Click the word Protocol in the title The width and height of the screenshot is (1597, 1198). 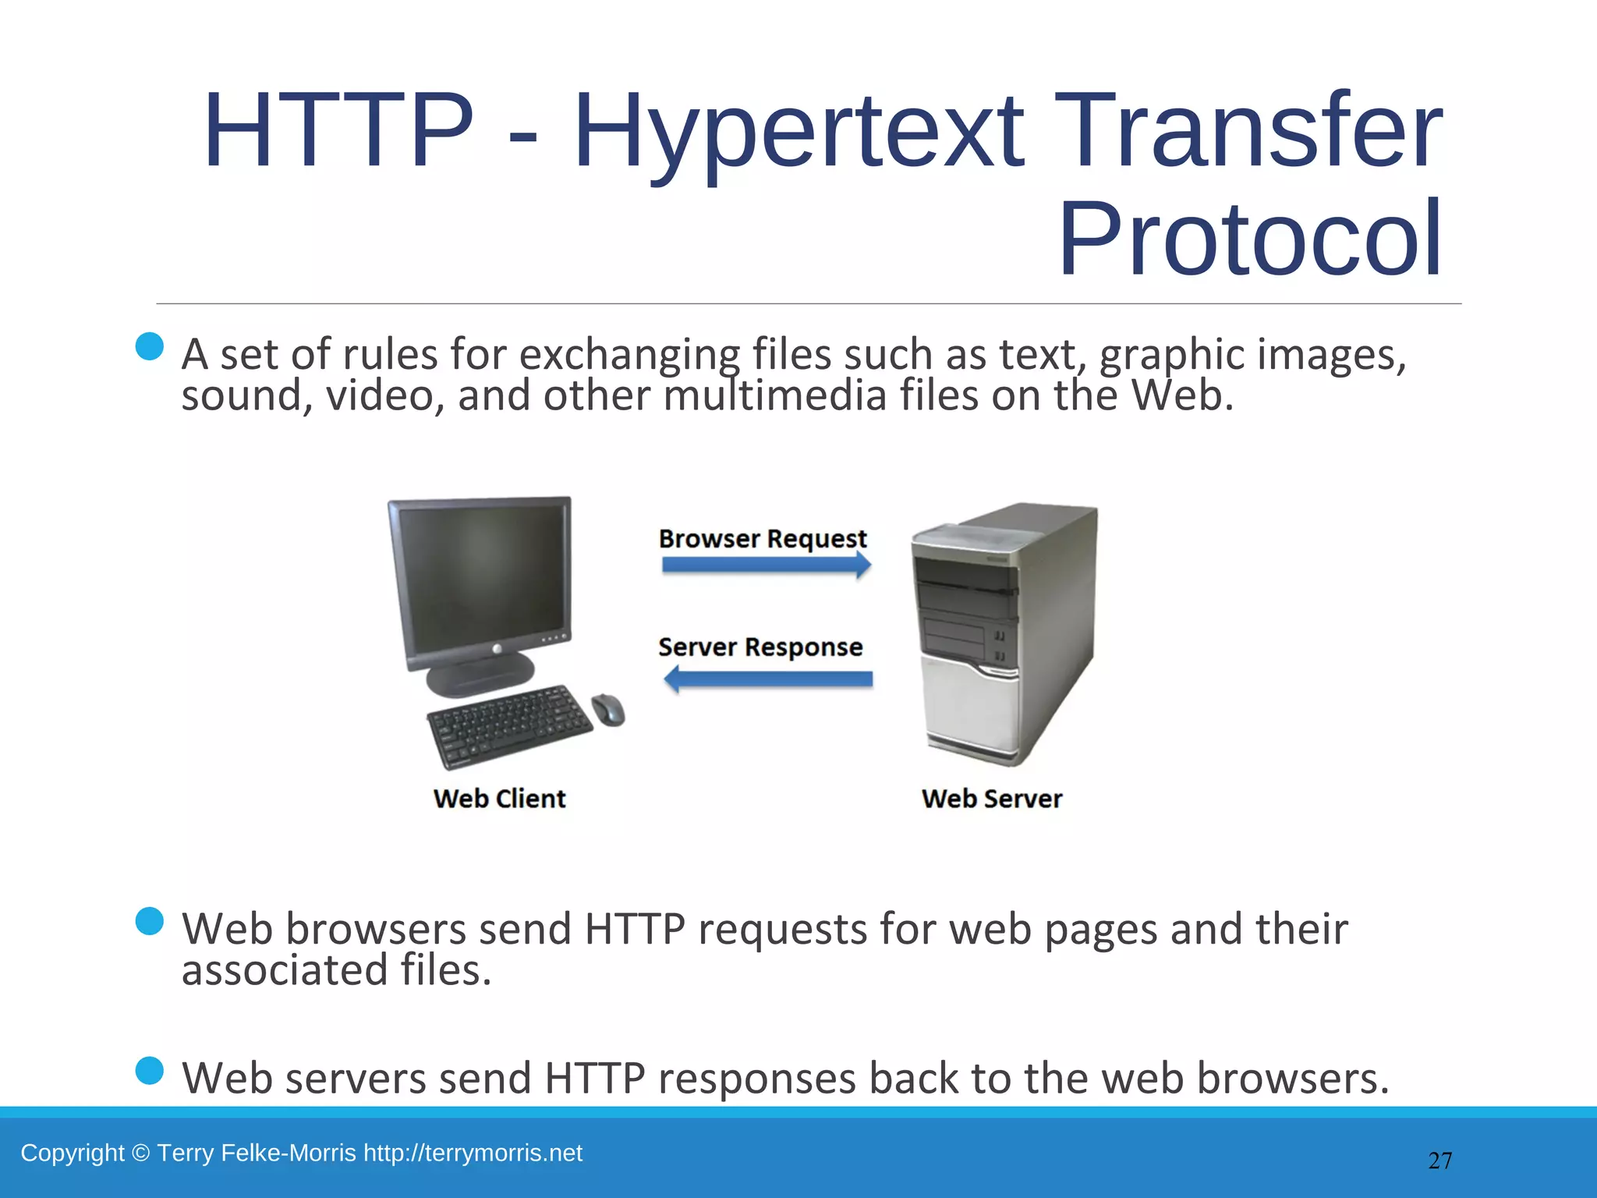coord(1249,239)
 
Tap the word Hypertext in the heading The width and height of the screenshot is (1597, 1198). coord(798,133)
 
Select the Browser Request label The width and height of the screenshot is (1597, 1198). coord(762,539)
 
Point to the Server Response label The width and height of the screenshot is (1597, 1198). coord(760,647)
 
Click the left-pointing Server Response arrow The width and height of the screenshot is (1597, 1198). coord(767,679)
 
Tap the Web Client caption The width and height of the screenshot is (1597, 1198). coord(499,799)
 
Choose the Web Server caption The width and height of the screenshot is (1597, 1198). coord(991,799)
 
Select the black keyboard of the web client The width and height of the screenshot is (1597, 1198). coord(509,725)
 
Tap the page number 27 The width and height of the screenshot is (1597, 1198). coord(1439,1161)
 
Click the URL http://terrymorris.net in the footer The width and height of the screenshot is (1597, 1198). coord(473,1153)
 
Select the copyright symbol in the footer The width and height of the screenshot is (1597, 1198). coord(140,1153)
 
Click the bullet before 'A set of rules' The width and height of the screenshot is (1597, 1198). coord(149,346)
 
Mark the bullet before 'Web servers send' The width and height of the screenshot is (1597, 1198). coord(149,1071)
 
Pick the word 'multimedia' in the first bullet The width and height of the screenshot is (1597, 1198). coord(775,395)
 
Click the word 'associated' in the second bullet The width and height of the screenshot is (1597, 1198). coord(285,971)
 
